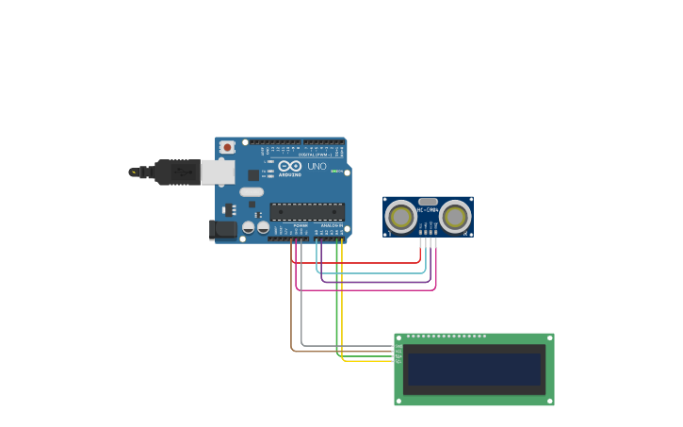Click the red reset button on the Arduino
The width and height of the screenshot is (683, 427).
[227, 147]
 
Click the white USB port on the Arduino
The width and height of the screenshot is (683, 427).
[218, 172]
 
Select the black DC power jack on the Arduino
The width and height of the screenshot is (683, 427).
[222, 228]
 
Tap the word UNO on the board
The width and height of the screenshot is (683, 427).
[317, 167]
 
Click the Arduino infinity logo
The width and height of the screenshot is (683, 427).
[289, 167]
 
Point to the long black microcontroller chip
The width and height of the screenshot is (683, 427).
[307, 212]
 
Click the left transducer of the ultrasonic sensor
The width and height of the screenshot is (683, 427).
[401, 217]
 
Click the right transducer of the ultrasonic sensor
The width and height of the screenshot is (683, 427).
[455, 217]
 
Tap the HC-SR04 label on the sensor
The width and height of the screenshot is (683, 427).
[428, 210]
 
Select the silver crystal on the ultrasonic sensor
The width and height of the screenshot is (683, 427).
[428, 201]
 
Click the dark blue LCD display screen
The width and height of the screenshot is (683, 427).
[474, 369]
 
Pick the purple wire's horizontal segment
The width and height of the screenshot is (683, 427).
[377, 282]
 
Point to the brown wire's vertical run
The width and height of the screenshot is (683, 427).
[291, 302]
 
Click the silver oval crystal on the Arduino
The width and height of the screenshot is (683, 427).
[252, 192]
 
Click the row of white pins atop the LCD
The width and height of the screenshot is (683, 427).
[447, 337]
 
